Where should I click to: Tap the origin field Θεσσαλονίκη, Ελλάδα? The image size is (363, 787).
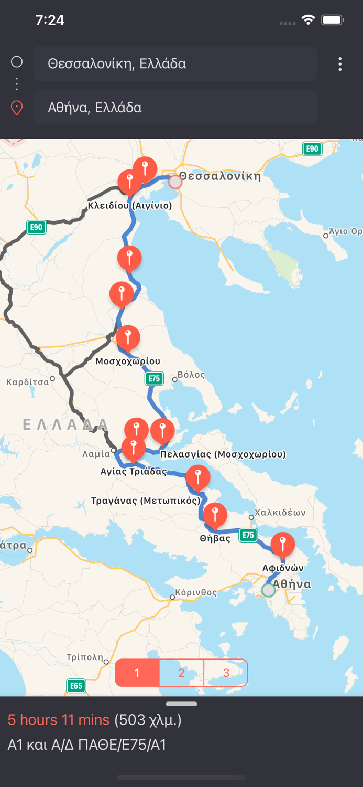point(175,63)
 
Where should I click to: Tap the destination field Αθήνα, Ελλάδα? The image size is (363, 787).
point(175,108)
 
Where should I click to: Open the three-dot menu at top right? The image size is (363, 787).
point(340,64)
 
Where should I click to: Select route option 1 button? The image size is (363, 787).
point(137,673)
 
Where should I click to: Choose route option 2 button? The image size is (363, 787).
point(181,673)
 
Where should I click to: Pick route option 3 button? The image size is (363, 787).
point(226,673)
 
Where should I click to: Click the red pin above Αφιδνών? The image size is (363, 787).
point(283,544)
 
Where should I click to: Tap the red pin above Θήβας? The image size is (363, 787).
point(215,514)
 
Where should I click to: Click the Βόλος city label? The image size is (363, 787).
point(191,375)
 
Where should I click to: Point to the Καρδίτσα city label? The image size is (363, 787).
point(27,382)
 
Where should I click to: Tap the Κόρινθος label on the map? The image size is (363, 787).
point(195,592)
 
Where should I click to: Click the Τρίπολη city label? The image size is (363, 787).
point(84,657)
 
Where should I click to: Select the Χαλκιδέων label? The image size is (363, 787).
point(280,512)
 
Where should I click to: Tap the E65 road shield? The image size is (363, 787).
point(76,686)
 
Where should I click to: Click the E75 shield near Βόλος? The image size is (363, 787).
point(154,378)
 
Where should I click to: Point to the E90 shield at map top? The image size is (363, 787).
point(312,148)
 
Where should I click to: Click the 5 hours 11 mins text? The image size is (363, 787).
point(58,720)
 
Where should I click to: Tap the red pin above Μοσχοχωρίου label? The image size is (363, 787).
point(128,337)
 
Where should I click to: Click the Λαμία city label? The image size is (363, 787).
point(96,454)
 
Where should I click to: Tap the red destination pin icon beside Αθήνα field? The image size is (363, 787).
point(17,108)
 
